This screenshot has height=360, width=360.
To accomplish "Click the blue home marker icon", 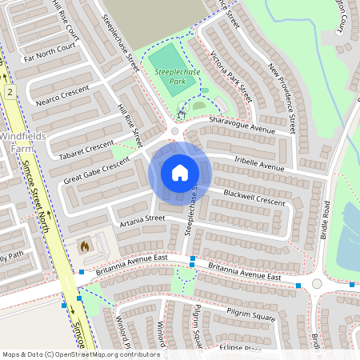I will coord(180,173).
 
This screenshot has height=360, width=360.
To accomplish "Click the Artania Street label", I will coord(141,218).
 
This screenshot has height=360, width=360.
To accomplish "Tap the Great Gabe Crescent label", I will coord(97,171).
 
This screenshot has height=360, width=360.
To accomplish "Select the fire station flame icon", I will coord(84,248).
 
